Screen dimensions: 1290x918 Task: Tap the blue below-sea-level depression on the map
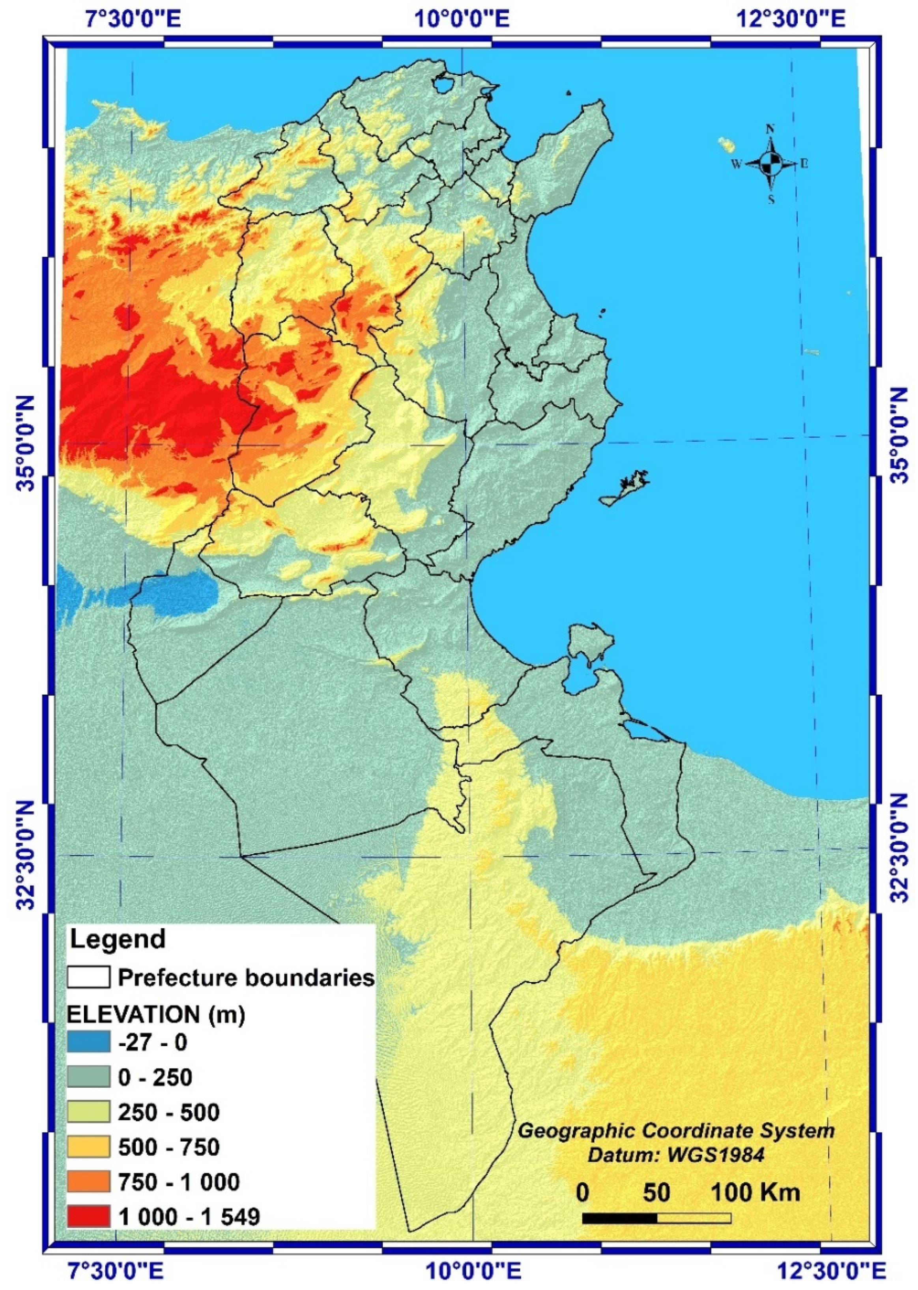pyautogui.click(x=170, y=593)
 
